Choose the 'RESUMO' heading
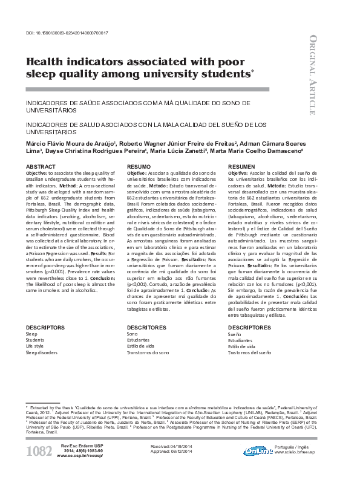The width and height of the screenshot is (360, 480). coord(139,166)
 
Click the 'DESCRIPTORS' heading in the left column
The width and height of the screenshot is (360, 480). coord(45,327)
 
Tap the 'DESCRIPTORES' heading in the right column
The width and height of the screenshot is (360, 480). coord(249,327)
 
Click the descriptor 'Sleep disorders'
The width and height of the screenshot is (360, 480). coord(41,352)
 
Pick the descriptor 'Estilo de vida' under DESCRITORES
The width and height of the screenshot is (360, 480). coord(140,346)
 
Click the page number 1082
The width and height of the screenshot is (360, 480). coord(39,450)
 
